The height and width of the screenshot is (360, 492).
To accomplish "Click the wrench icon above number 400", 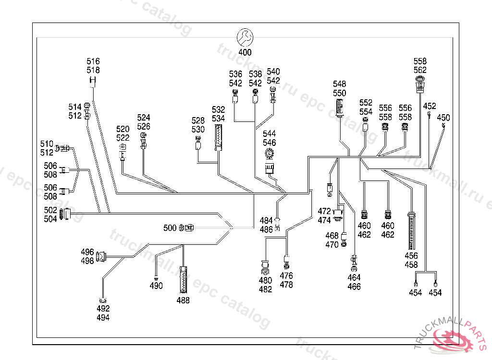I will (x=245, y=37).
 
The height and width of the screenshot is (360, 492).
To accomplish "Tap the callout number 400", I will (x=245, y=52).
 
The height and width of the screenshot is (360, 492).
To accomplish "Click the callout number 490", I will (x=156, y=286).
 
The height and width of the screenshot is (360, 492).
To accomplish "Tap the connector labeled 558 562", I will (x=420, y=87).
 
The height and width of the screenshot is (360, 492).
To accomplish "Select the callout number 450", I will (x=443, y=118).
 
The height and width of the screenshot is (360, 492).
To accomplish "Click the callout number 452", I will (x=430, y=106).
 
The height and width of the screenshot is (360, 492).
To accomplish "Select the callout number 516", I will (x=93, y=61).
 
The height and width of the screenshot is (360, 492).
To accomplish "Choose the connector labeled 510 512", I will (x=63, y=148).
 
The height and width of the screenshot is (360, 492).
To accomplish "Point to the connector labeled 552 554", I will (x=366, y=126).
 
